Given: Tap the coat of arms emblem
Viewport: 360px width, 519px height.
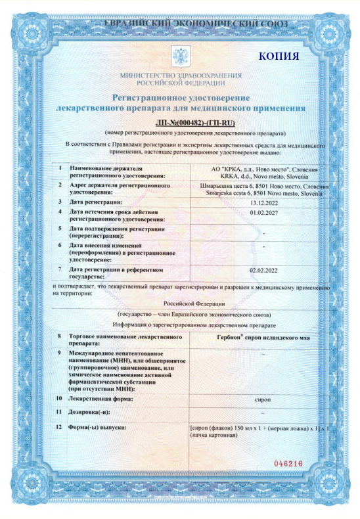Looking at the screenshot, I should (180, 55).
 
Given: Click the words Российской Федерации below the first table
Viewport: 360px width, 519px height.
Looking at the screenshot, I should (194, 304).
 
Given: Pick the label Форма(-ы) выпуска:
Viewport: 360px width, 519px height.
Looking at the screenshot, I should (97, 428).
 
